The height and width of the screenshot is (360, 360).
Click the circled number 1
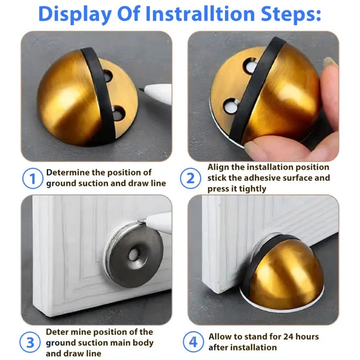pos(32,179)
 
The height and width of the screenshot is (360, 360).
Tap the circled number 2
pos(190,179)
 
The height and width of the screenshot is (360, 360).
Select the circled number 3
pos(30,343)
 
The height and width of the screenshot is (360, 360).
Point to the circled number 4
pos(193,342)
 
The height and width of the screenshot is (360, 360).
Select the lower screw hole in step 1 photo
pos(118,113)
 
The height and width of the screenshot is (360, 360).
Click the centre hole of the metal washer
pos(134,255)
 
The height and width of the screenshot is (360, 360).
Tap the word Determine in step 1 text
pos(67,172)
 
